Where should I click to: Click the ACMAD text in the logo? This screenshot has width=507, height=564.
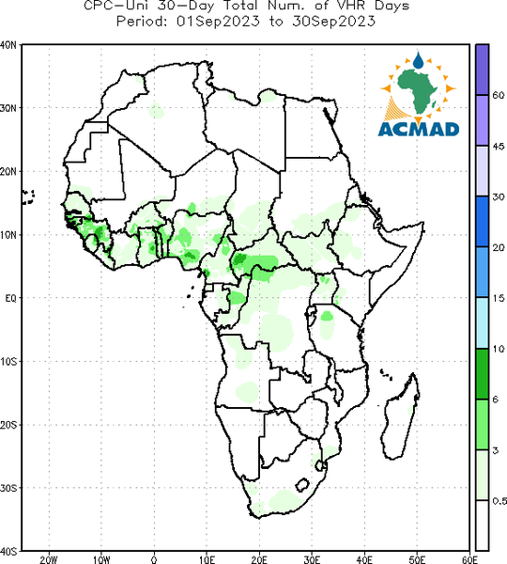[419, 129]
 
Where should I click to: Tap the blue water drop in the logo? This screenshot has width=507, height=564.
[418, 60]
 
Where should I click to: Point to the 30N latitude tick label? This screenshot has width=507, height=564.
[8, 108]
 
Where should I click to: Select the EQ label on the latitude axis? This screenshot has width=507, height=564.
[10, 298]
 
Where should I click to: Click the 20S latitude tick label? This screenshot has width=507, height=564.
[8, 425]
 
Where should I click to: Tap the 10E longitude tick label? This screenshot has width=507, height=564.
[207, 559]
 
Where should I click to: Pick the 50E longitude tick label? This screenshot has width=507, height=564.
[417, 559]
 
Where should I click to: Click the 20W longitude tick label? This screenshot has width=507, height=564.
[49, 559]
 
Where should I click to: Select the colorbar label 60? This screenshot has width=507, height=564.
[498, 95]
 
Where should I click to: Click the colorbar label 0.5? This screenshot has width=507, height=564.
[499, 501]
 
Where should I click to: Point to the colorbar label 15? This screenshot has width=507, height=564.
[498, 298]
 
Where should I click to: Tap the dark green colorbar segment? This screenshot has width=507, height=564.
[482, 374]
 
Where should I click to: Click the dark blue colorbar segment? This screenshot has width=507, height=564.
[482, 222]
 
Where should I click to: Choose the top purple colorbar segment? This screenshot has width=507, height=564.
[482, 70]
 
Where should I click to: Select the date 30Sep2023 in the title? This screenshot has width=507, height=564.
[334, 22]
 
